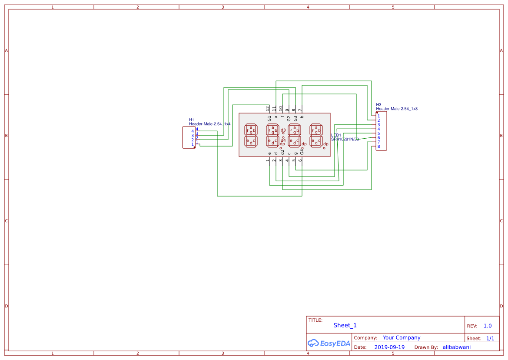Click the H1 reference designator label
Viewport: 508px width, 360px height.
(x=191, y=120)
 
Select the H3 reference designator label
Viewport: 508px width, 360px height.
(x=379, y=105)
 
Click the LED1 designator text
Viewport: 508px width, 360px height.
(x=336, y=135)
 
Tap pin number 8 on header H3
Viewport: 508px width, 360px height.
(x=379, y=147)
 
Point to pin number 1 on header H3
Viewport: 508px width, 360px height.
(x=379, y=116)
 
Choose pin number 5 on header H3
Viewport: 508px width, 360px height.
(x=379, y=133)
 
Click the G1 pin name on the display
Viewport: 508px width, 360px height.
(x=269, y=118)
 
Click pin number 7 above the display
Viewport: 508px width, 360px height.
(x=300, y=110)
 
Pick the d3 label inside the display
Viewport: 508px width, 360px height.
(x=283, y=130)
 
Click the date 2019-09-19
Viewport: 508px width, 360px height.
(x=389, y=347)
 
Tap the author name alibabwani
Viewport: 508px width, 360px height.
(x=456, y=347)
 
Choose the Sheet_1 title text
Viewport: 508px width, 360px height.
(x=345, y=325)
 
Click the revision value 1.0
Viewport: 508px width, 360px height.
(x=487, y=326)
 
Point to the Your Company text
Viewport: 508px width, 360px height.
(x=401, y=337)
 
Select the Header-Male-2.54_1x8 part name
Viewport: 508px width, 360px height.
(x=397, y=109)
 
